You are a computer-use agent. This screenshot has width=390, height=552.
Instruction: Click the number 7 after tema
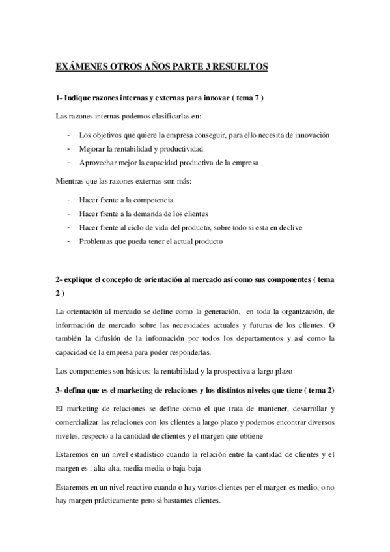pyautogui.click(x=257, y=98)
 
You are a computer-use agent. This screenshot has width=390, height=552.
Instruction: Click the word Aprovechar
pyautogui.click(x=96, y=163)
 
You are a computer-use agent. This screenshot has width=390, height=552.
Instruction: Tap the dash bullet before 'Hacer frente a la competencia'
pyautogui.click(x=68, y=200)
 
